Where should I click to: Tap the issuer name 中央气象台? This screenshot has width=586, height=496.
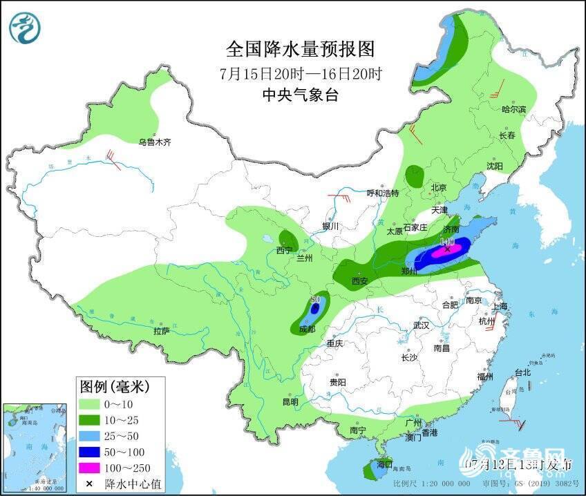tap(300, 95)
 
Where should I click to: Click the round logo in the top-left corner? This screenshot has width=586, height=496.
tap(25, 28)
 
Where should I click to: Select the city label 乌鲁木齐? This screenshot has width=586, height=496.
tap(153, 142)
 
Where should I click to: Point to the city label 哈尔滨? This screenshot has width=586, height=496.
tap(513, 110)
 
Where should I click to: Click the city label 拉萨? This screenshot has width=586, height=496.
tap(161, 330)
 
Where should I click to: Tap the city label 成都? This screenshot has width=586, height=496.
tap(307, 330)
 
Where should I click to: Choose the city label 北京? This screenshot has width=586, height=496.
tap(439, 188)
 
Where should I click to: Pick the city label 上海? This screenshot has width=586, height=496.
tap(500, 306)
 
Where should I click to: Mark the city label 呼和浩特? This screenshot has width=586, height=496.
tap(382, 193)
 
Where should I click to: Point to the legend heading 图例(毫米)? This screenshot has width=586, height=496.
tap(114, 385)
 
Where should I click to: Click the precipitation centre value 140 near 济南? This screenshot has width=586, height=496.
tap(447, 242)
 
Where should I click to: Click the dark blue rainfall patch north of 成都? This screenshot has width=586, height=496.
tap(315, 309)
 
